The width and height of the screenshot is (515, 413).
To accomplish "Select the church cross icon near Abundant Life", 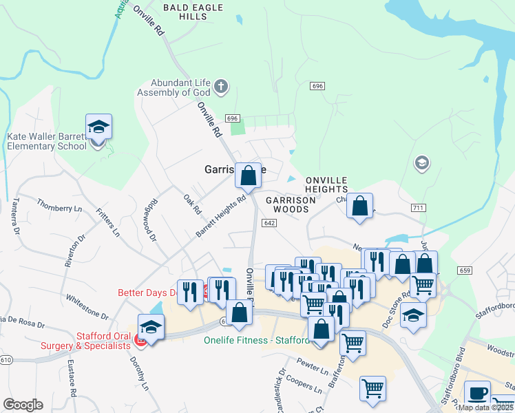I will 220,86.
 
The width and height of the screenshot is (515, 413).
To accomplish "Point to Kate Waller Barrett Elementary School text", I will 47,142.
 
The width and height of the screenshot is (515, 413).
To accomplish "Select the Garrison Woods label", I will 290,204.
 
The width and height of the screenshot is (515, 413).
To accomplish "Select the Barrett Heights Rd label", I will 220,218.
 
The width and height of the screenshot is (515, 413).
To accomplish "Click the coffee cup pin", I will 477,394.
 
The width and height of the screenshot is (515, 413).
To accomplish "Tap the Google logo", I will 23,405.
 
